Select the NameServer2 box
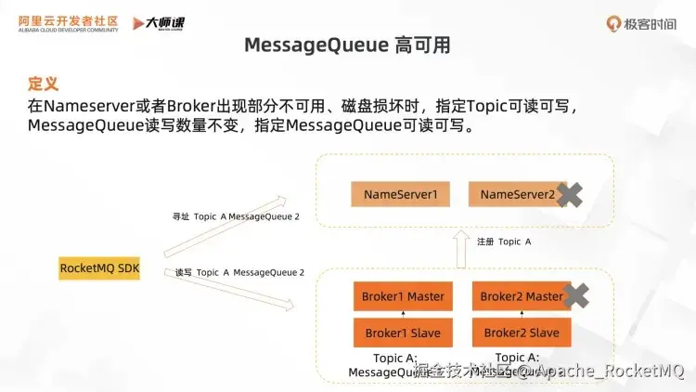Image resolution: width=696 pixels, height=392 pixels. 517,195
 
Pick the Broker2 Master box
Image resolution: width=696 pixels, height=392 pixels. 521,296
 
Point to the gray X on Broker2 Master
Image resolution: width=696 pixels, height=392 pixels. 576,296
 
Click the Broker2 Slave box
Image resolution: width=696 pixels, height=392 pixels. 522,333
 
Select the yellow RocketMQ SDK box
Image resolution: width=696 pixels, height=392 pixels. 100,268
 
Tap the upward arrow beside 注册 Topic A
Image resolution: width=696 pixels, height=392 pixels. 460,248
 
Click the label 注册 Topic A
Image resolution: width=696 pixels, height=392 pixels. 504,242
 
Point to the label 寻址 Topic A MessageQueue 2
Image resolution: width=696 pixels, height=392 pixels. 236,216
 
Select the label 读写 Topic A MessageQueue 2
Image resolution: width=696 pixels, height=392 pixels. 239,272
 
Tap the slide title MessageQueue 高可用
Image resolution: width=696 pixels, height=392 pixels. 347,45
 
